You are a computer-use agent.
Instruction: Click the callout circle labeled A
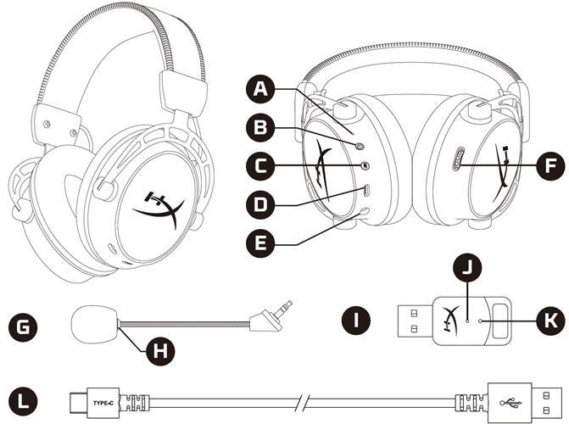(259, 88)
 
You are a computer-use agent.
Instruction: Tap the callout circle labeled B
(259, 127)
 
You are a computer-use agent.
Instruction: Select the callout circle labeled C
(259, 166)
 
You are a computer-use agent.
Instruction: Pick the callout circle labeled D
(259, 204)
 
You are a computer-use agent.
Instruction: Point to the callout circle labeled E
(259, 243)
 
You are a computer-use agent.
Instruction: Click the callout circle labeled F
(551, 166)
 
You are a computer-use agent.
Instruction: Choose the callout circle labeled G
(23, 327)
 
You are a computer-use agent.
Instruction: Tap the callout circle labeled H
(160, 351)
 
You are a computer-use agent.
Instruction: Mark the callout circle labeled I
(356, 321)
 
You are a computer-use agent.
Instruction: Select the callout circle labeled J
(467, 267)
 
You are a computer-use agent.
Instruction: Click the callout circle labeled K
(551, 321)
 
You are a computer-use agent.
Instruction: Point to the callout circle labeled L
(23, 402)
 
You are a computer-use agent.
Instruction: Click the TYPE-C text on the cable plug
(103, 403)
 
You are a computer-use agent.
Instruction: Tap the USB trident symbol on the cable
(510, 403)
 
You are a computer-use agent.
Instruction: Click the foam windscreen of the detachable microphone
(94, 324)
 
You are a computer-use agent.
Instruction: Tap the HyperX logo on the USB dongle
(450, 318)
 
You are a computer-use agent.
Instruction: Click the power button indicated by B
(360, 146)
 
